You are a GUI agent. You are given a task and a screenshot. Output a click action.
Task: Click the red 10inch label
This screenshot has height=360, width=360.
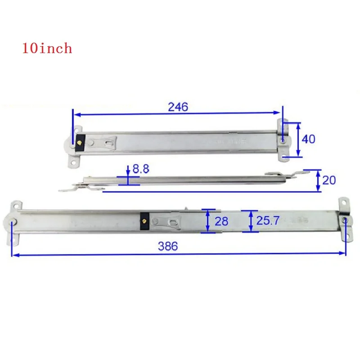(x=47, y=48)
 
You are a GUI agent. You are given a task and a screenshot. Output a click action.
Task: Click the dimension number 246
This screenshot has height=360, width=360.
(x=178, y=107)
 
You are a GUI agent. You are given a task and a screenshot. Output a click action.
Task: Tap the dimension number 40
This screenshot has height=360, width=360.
(x=308, y=139)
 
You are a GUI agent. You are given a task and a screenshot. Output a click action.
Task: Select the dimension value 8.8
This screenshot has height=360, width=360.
(x=141, y=169)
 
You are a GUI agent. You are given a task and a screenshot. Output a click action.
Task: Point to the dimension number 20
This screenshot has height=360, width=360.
(x=329, y=180)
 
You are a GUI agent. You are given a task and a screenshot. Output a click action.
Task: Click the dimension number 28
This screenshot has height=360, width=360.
(x=221, y=221)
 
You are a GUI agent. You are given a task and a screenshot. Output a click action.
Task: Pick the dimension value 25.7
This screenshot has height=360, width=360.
(x=268, y=220)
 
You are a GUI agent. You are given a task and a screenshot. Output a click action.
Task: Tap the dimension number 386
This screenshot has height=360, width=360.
(x=168, y=246)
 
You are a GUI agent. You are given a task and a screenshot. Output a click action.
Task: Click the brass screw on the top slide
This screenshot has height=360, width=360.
(x=80, y=143)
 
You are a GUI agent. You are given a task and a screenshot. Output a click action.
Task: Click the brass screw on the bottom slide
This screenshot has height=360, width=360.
(x=144, y=221)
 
